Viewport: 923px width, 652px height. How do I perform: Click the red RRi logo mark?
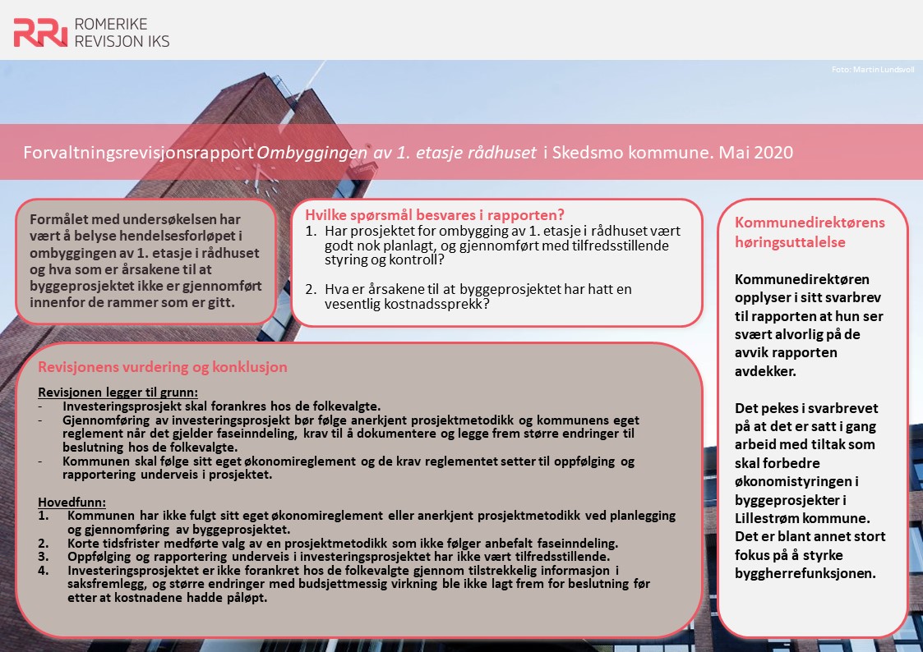39,32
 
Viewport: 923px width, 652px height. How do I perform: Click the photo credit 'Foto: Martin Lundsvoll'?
873,69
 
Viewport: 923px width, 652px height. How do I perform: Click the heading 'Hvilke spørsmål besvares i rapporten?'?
434,216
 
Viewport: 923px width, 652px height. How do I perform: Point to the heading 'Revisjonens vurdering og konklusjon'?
163,367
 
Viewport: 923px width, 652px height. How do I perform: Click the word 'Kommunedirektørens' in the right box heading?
809,223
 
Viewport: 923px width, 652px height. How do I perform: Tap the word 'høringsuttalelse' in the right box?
790,242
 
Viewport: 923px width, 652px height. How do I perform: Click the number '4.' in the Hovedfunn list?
44,570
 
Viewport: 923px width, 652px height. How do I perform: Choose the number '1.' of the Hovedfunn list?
44,515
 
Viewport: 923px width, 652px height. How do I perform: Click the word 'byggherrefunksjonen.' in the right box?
805,573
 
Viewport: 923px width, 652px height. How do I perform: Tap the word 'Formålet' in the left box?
59,219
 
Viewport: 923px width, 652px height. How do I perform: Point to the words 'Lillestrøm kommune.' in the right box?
800,519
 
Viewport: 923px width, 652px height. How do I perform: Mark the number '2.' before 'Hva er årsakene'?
311,289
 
